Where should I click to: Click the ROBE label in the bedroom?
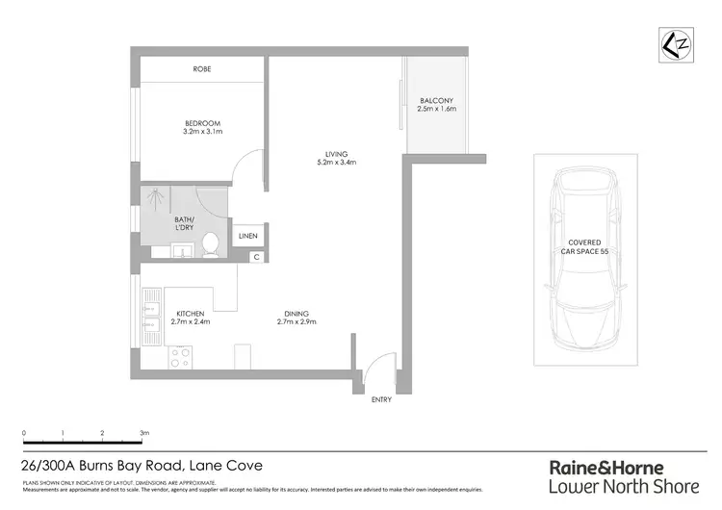[202, 69]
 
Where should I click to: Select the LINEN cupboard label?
[247, 236]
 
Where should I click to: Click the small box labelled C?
[256, 256]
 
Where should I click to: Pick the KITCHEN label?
[192, 313]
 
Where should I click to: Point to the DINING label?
[297, 313]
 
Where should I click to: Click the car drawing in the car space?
[585, 260]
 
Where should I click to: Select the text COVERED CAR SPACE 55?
[585, 246]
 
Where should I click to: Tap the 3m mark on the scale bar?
[144, 434]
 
